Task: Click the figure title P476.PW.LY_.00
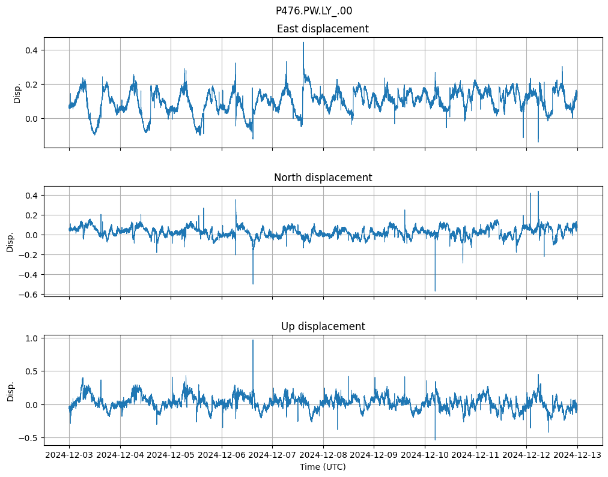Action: (x=314, y=11)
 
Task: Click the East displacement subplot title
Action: (x=323, y=29)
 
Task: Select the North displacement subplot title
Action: (x=323, y=178)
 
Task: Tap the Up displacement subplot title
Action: (x=323, y=326)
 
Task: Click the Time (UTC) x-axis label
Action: (x=323, y=466)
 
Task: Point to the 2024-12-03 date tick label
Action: (x=69, y=455)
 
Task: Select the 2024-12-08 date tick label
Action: (x=323, y=455)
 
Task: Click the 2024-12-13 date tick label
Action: (x=577, y=455)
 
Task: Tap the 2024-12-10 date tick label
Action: (x=425, y=455)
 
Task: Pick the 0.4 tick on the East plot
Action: (x=31, y=50)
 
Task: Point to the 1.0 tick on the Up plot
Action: (x=31, y=338)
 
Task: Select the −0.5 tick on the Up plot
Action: (x=29, y=438)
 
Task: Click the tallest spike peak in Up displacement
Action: (x=253, y=340)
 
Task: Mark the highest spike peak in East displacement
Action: (x=303, y=42)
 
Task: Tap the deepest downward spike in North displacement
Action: (x=435, y=291)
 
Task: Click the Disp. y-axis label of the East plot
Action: (x=17, y=92)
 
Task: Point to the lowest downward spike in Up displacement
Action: (x=435, y=440)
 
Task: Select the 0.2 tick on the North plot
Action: (x=31, y=215)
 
